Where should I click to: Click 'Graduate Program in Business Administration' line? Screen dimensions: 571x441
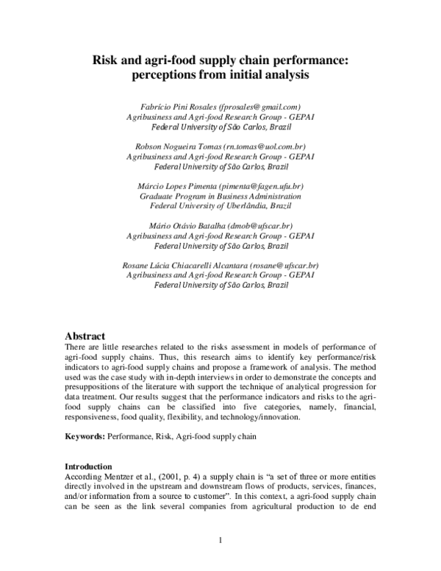pos(220,196)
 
